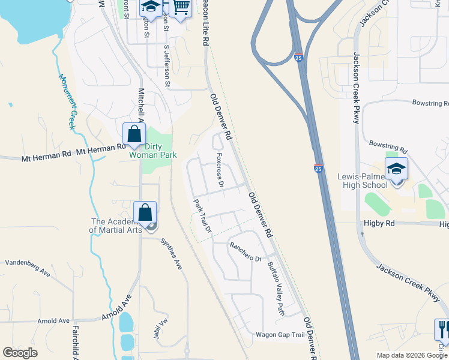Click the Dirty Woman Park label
coord(153,150)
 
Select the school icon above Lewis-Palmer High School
coord(396,169)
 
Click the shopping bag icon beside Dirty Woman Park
coord(134,134)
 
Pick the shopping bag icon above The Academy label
coord(145,213)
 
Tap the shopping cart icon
coord(181,8)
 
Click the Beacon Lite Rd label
coord(206,24)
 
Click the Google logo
coord(20,353)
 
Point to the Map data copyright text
coord(411,355)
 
